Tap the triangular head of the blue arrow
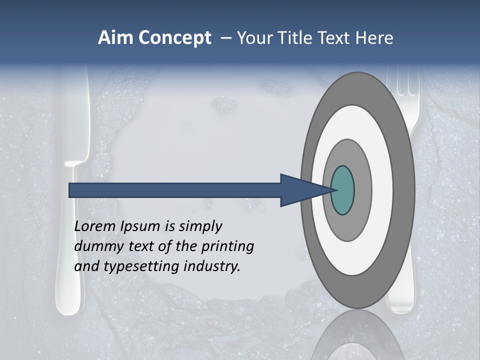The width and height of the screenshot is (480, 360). click(x=300, y=190)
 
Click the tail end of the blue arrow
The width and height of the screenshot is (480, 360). click(x=72, y=190)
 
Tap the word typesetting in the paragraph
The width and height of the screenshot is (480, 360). click(x=142, y=266)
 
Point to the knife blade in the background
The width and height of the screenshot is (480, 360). click(x=75, y=115)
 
